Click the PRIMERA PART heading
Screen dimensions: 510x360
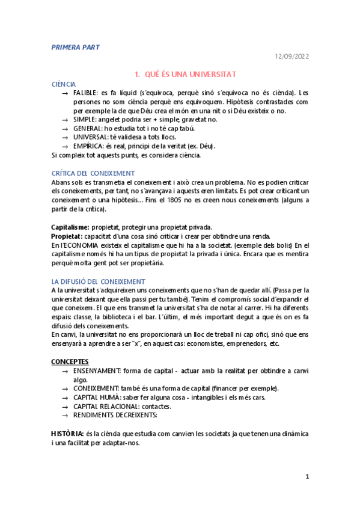76,46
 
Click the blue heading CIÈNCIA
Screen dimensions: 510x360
64,85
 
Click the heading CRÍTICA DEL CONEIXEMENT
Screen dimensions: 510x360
93,173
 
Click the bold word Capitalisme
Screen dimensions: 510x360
70,227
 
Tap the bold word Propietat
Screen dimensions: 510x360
66,236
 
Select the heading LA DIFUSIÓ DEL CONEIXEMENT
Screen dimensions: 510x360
98,281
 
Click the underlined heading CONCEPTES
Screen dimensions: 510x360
70,361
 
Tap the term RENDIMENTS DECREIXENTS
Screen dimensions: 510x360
115,414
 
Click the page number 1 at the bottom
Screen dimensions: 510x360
307,476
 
